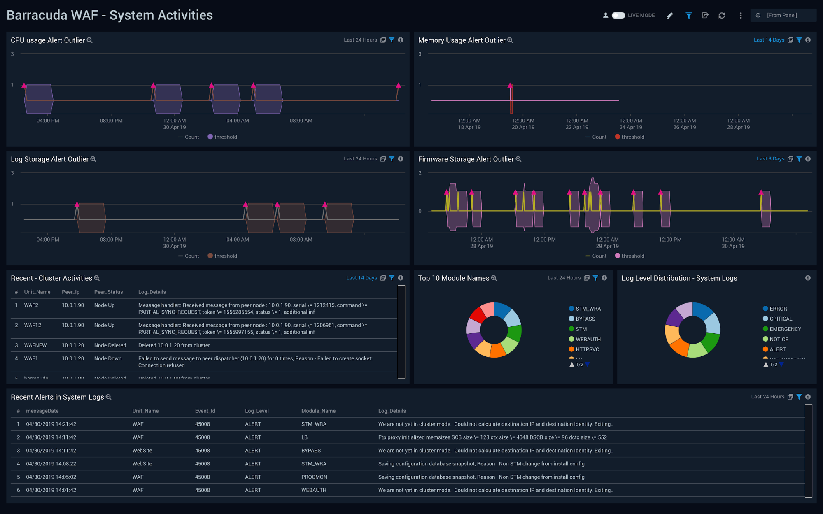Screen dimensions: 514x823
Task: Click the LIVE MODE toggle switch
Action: point(618,15)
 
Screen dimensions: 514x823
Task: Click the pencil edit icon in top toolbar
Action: point(670,15)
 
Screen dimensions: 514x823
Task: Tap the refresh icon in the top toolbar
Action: point(722,15)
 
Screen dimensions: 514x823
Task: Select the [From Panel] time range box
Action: point(782,15)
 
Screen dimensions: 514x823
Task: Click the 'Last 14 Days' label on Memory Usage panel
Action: point(769,40)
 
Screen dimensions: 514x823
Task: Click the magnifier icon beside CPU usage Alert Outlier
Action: point(90,40)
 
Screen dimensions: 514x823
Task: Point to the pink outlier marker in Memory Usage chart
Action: point(510,86)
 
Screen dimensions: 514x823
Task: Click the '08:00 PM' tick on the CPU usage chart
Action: point(111,121)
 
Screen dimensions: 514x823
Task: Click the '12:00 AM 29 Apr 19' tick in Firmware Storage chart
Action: point(607,243)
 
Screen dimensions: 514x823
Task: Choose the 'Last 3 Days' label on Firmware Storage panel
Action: point(770,159)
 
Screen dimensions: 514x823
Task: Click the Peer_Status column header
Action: point(108,292)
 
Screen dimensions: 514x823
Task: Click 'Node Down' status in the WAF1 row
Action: point(108,358)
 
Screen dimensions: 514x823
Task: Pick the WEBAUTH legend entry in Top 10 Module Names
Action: point(588,339)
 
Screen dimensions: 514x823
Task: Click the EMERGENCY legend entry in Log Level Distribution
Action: point(785,329)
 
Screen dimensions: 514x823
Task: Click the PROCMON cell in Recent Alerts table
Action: point(314,477)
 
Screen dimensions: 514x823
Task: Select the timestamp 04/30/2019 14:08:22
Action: point(51,464)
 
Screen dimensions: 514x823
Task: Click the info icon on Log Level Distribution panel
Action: point(808,278)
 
